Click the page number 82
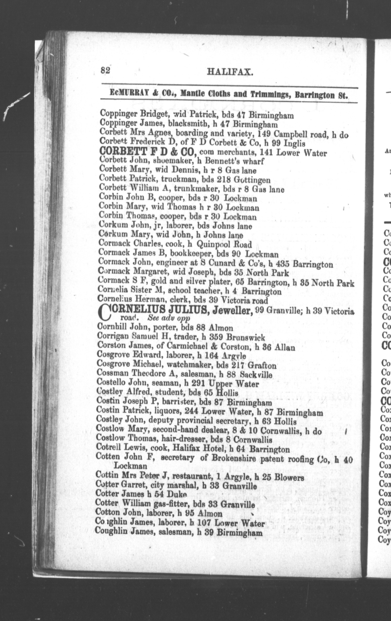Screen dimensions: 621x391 [105, 70]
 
